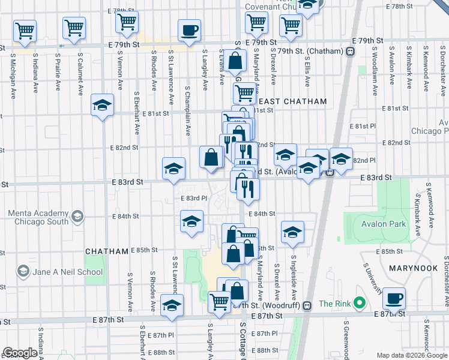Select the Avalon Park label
point(384,224)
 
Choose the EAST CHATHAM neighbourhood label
point(293,101)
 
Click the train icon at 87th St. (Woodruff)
point(307,305)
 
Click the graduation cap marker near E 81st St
point(103,106)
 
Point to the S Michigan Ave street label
point(13,75)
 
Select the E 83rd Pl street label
point(194,198)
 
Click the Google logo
point(20,353)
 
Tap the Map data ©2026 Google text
point(412,355)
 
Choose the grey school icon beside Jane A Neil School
point(23,272)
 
